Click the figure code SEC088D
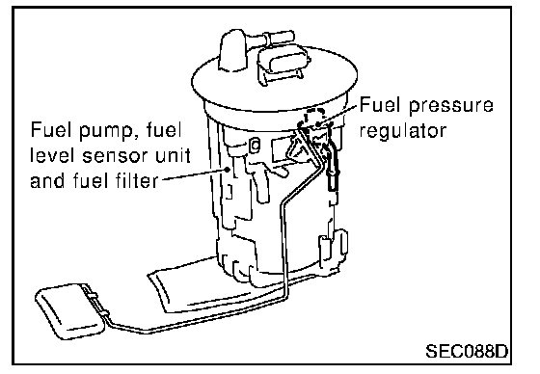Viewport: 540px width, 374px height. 467,351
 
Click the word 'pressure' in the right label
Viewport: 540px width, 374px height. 451,106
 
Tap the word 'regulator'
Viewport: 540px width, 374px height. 403,131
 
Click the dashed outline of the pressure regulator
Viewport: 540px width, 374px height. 314,117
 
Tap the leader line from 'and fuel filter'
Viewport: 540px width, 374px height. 194,174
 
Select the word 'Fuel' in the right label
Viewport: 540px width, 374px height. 381,104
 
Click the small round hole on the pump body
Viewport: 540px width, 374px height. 256,145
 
